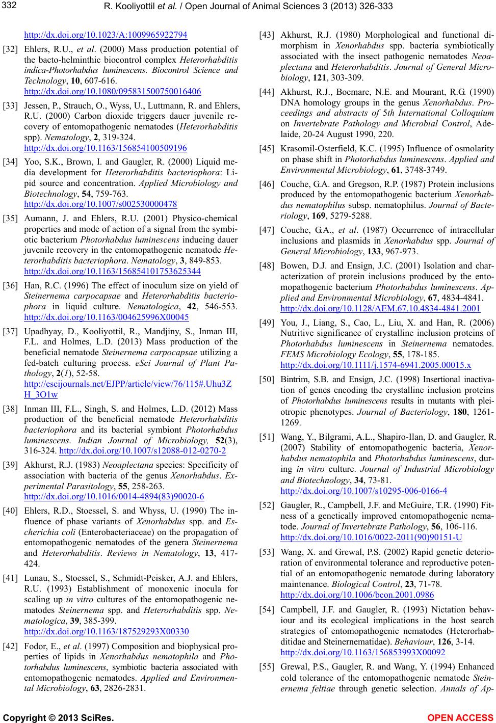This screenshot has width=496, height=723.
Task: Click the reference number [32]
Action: (11, 49)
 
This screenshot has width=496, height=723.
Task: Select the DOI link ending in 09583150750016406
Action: (112, 92)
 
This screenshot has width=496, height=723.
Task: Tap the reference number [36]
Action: (11, 285)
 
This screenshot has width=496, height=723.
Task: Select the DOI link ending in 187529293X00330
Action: (106, 632)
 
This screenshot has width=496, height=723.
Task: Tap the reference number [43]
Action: (267, 35)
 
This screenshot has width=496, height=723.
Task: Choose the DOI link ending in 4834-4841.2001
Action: (380, 308)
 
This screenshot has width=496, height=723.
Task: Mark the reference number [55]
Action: (267, 666)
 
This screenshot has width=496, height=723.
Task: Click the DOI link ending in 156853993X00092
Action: (362, 652)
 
